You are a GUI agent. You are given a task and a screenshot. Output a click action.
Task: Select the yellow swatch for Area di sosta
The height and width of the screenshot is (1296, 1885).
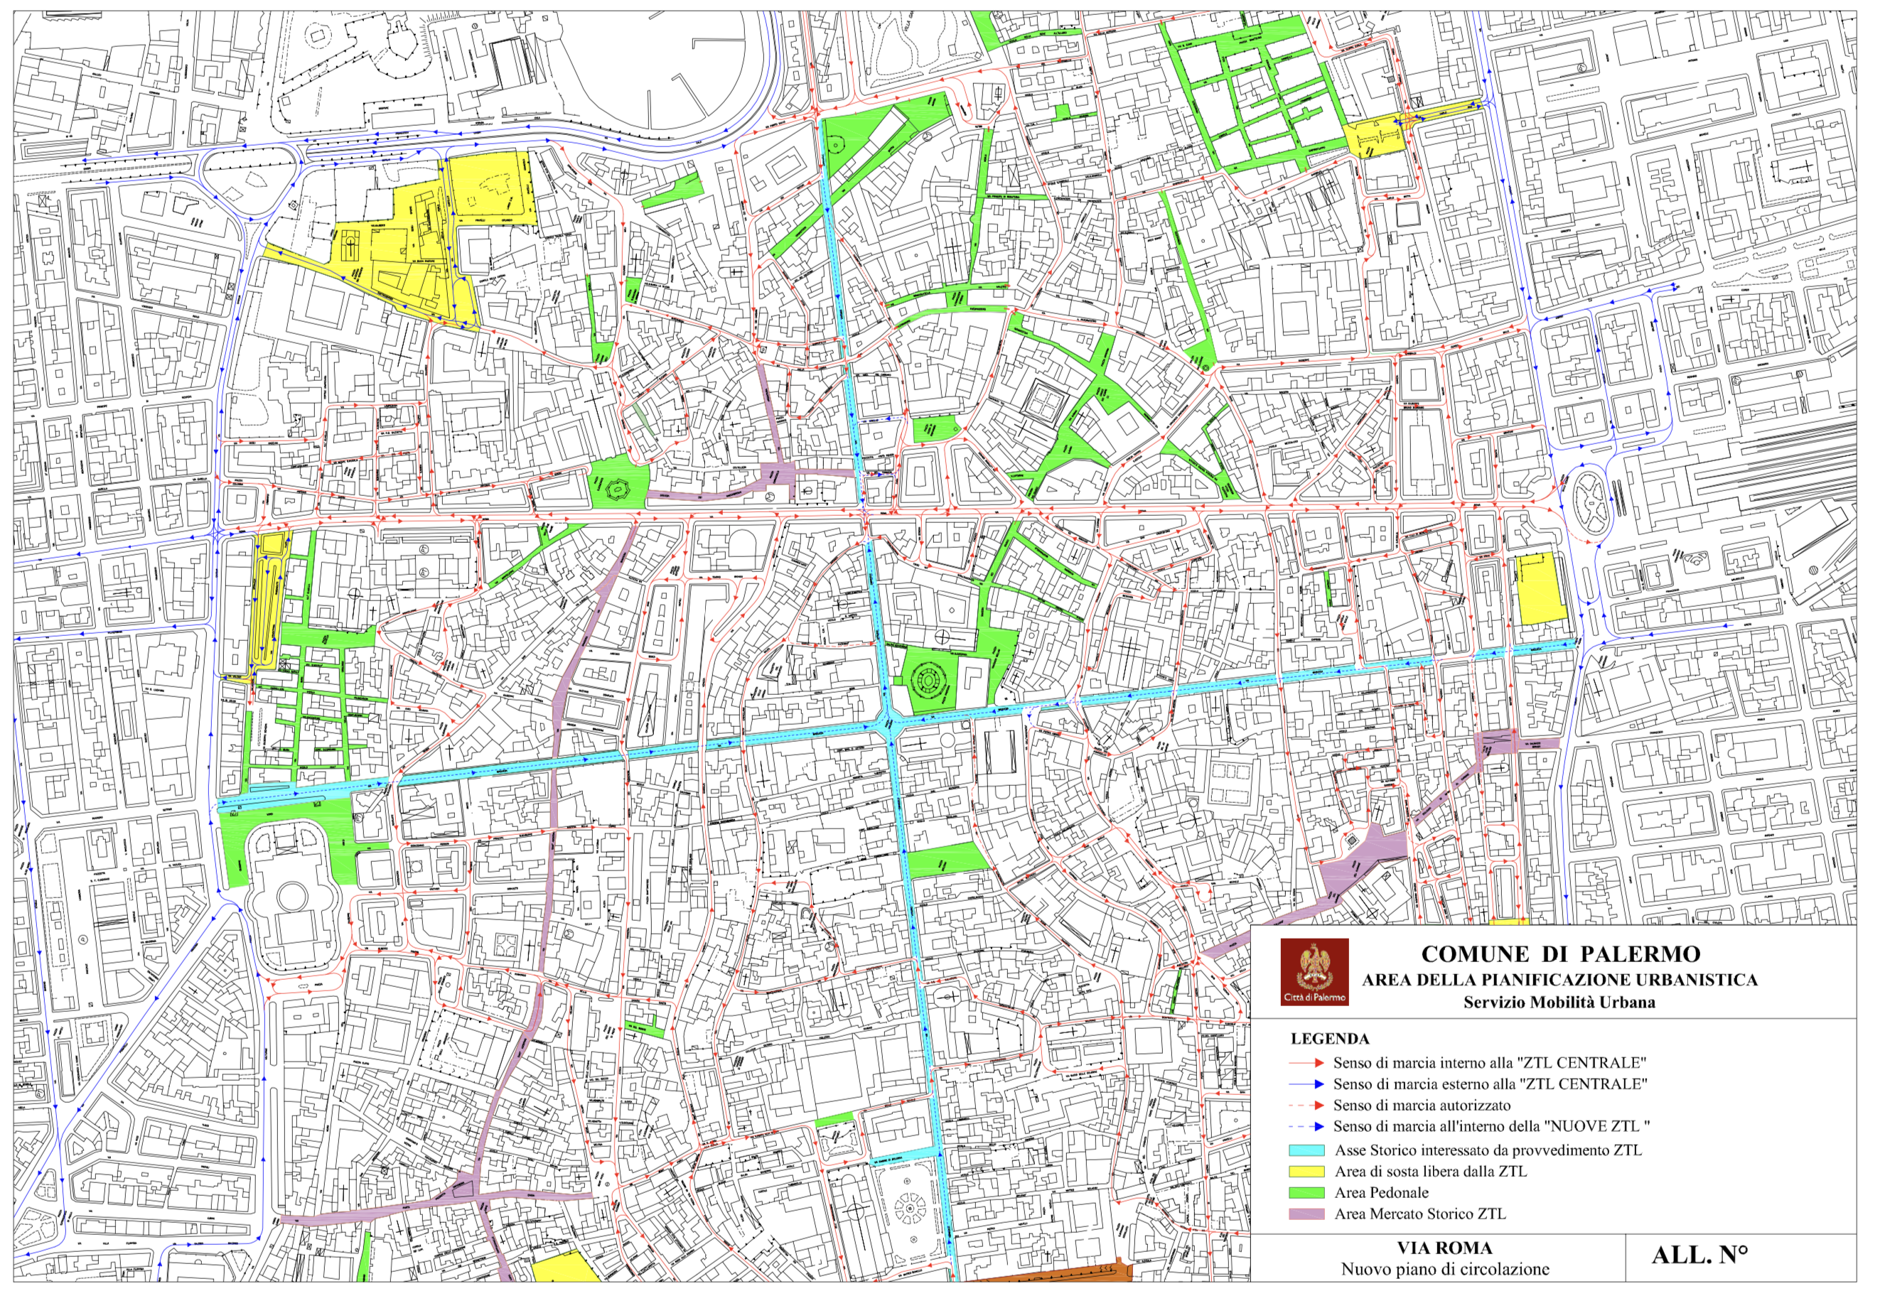tap(1306, 1172)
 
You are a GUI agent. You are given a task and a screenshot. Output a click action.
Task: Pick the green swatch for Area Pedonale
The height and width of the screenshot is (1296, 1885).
tap(1306, 1193)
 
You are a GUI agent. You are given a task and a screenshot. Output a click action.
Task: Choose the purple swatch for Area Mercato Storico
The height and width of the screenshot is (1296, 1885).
tap(1306, 1215)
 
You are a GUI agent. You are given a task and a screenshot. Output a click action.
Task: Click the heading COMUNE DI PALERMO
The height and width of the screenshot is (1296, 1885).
tap(1560, 954)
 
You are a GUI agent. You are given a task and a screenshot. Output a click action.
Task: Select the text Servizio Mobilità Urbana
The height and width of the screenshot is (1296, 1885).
tap(1559, 1002)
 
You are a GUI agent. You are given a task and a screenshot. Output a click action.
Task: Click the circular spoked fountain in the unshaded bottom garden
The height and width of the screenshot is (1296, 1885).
tap(911, 1207)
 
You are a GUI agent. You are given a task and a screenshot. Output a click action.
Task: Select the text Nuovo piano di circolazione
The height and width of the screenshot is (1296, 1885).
tap(1445, 1269)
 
